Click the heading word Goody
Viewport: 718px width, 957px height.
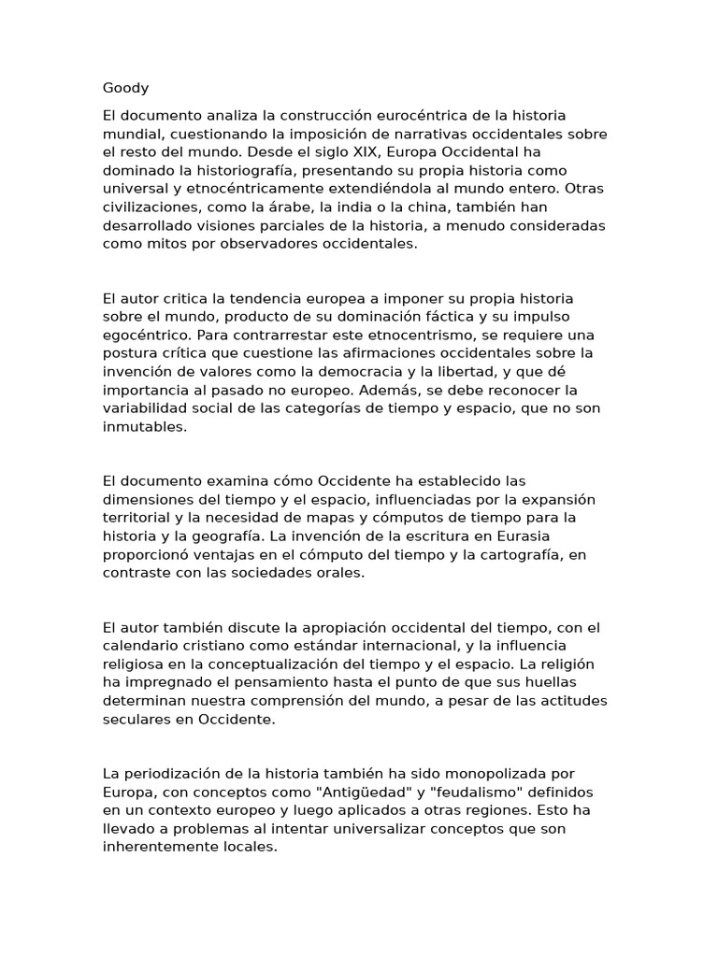pyautogui.click(x=125, y=89)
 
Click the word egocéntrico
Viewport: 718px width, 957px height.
pyautogui.click(x=146, y=335)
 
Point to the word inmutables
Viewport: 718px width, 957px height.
pyautogui.click(x=145, y=426)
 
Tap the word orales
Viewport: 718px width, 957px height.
pyautogui.click(x=337, y=572)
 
